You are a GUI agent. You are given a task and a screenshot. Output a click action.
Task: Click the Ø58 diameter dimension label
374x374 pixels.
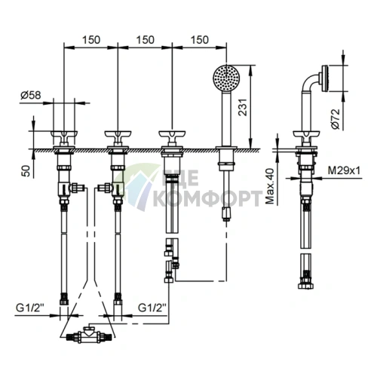coord(31,95)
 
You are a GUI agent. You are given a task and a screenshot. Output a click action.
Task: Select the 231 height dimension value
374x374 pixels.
coord(243,107)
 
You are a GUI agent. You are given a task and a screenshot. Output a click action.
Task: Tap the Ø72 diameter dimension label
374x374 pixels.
coord(336,119)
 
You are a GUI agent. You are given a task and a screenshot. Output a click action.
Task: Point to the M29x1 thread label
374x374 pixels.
coord(344,171)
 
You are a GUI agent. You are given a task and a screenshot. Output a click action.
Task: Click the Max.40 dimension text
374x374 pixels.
coord(271,186)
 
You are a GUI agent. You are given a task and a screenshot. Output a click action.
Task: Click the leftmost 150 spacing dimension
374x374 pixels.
coord(91,40)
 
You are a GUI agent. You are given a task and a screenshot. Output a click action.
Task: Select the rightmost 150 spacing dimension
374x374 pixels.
coord(200,40)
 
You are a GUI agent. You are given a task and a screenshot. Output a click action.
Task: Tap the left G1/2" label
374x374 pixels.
coord(30,308)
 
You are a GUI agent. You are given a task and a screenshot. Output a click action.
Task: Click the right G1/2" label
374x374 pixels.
coord(152,308)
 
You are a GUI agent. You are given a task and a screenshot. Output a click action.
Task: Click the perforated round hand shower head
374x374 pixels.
coord(226,78)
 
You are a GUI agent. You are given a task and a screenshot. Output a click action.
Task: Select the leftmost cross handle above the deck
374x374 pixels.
coord(64,137)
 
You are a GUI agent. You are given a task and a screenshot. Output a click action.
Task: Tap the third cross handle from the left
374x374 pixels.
coord(172,137)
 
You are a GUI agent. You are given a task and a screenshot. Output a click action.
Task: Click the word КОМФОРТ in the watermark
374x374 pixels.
coord(207,198)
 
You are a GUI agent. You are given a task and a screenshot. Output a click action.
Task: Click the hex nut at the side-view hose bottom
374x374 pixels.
coord(306,286)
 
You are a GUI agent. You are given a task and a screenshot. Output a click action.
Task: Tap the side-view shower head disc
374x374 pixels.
coord(325,78)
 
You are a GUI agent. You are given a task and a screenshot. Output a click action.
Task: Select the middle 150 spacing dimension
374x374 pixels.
coord(146,40)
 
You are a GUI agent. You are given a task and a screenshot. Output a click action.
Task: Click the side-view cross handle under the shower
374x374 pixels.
coord(306,137)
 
